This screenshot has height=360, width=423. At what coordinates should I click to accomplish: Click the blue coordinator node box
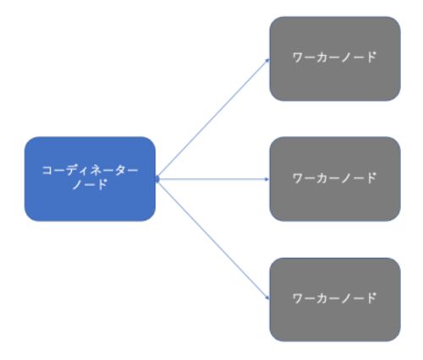pos(90,179)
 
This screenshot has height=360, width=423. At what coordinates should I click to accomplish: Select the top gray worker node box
pos(335,58)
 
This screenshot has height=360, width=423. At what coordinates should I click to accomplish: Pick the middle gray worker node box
pos(335,179)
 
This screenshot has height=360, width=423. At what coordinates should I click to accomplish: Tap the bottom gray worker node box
pos(335,299)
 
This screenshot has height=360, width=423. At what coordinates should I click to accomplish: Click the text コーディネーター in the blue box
pos(90,171)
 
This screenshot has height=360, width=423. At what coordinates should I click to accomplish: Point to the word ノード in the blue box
pos(90,185)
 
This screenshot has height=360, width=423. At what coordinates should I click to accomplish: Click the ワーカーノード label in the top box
pos(335,57)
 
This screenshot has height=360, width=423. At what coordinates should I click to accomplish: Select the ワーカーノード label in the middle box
pos(335,177)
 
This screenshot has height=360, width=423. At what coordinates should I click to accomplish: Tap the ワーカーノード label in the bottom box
pos(335,298)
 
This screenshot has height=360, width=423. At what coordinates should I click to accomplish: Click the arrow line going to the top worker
pos(213,119)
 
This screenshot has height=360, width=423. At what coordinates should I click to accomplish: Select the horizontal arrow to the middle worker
pos(213,179)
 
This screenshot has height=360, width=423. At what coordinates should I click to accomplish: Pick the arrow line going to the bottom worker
pos(213,239)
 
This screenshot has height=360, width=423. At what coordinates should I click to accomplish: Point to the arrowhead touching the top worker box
pos(268,60)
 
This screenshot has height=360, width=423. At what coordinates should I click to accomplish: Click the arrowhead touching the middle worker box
pos(267,179)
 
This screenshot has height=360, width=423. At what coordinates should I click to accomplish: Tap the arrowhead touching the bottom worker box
pos(268,298)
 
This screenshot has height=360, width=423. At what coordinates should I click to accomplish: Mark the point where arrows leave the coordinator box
pos(157,179)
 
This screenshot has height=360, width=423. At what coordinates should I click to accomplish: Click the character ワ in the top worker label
pos(298,57)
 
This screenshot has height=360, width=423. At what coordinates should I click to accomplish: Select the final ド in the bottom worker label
pos(371,298)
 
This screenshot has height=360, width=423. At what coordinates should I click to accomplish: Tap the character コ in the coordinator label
pos(47,171)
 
